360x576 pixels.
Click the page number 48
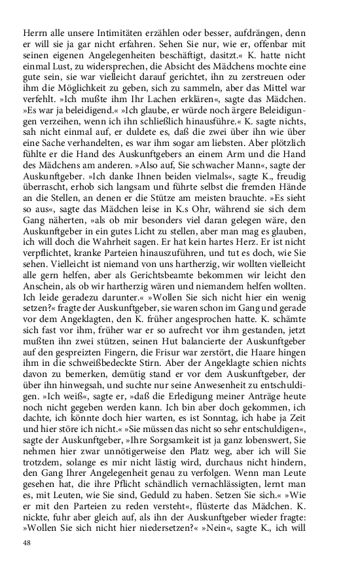[x=27, y=543]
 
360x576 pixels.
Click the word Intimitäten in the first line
[x=106, y=33]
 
